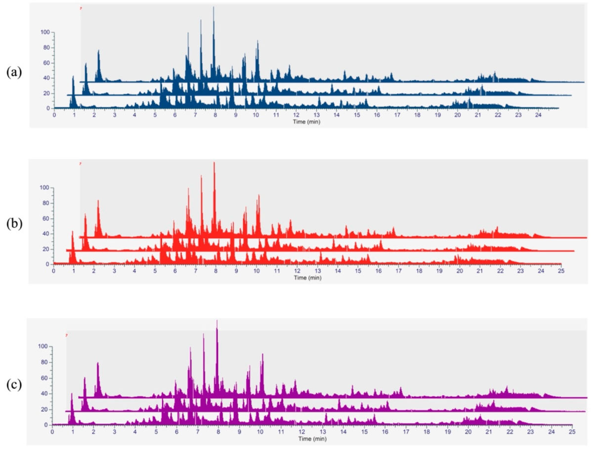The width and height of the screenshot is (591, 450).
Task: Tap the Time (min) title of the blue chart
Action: (x=307, y=122)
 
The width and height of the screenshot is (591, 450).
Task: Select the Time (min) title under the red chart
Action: (x=307, y=277)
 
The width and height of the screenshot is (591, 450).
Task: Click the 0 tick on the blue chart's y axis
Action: (x=48, y=108)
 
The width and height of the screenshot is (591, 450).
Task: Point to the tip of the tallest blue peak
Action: (x=213, y=7)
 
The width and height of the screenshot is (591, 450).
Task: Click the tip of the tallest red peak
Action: (x=214, y=162)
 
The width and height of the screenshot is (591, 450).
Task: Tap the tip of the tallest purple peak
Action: (x=217, y=320)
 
